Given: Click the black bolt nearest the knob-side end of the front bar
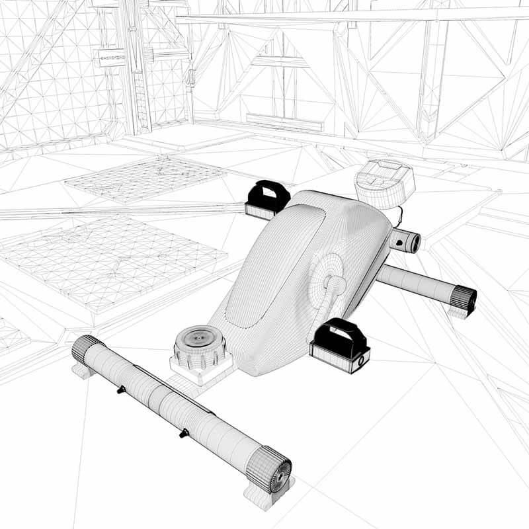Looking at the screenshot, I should click(x=183, y=434).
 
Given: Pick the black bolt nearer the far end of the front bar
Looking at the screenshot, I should click(x=120, y=391).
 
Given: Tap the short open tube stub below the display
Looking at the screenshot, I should click(x=405, y=241).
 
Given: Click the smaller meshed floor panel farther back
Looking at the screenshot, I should click(x=146, y=177).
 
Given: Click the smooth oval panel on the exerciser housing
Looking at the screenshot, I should click(x=278, y=264).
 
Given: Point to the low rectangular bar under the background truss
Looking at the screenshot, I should click(x=284, y=122).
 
